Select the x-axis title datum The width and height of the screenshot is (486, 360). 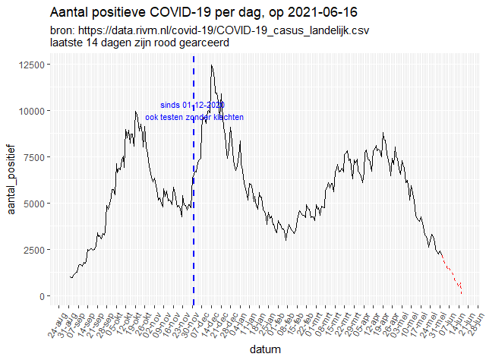tap(266, 350)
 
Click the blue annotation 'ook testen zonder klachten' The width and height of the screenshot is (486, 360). tap(194, 118)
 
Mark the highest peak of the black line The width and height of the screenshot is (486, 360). tap(211, 65)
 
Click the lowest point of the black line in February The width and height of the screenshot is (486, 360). tap(286, 239)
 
